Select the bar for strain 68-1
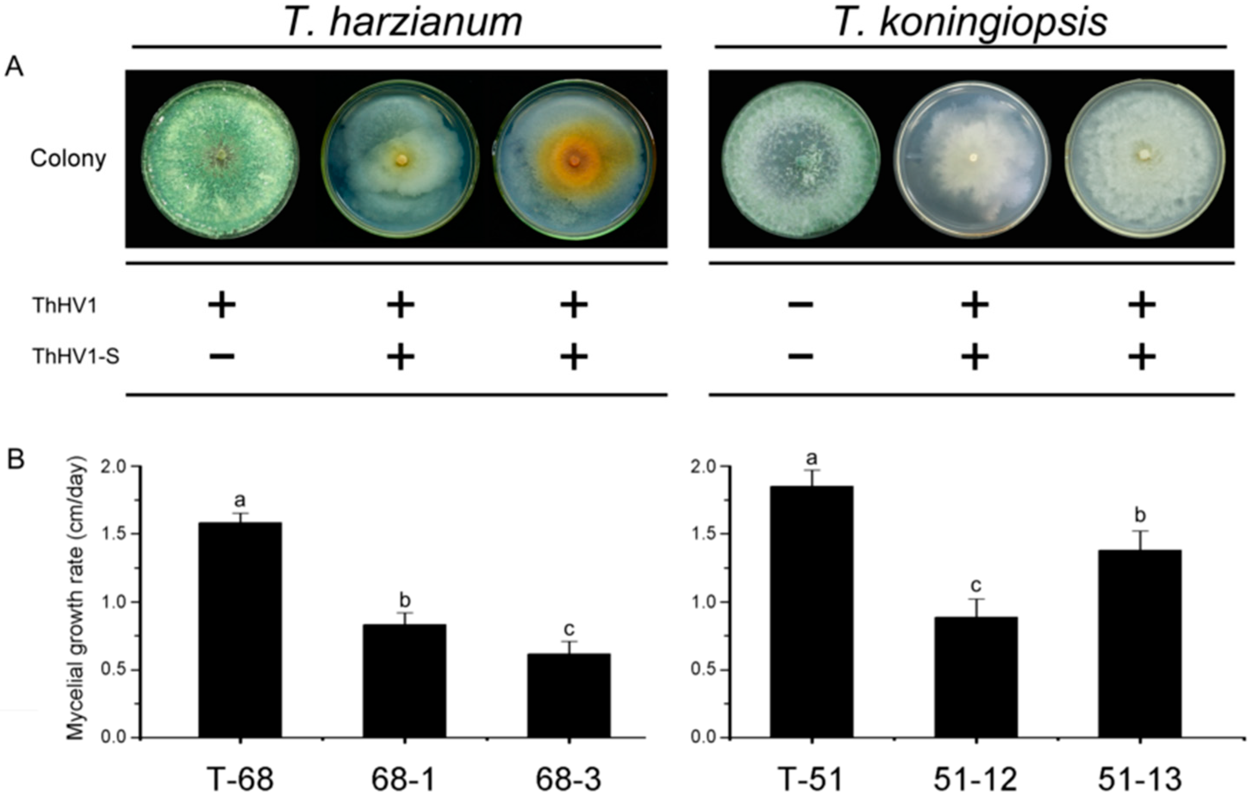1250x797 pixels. click(404, 681)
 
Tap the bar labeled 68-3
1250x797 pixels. click(569, 695)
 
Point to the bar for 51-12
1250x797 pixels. click(976, 677)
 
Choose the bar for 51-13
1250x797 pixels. click(1141, 644)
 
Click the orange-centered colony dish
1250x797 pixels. click(574, 159)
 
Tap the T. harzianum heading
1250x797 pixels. click(403, 23)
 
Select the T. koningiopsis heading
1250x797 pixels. click(971, 23)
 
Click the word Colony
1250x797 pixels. click(68, 159)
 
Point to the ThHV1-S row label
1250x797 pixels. click(76, 357)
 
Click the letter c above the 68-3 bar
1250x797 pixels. click(569, 630)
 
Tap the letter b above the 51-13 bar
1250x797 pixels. click(1141, 516)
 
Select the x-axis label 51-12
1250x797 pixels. click(976, 779)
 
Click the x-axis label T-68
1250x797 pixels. click(240, 779)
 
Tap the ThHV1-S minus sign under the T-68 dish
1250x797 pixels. click(222, 357)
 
